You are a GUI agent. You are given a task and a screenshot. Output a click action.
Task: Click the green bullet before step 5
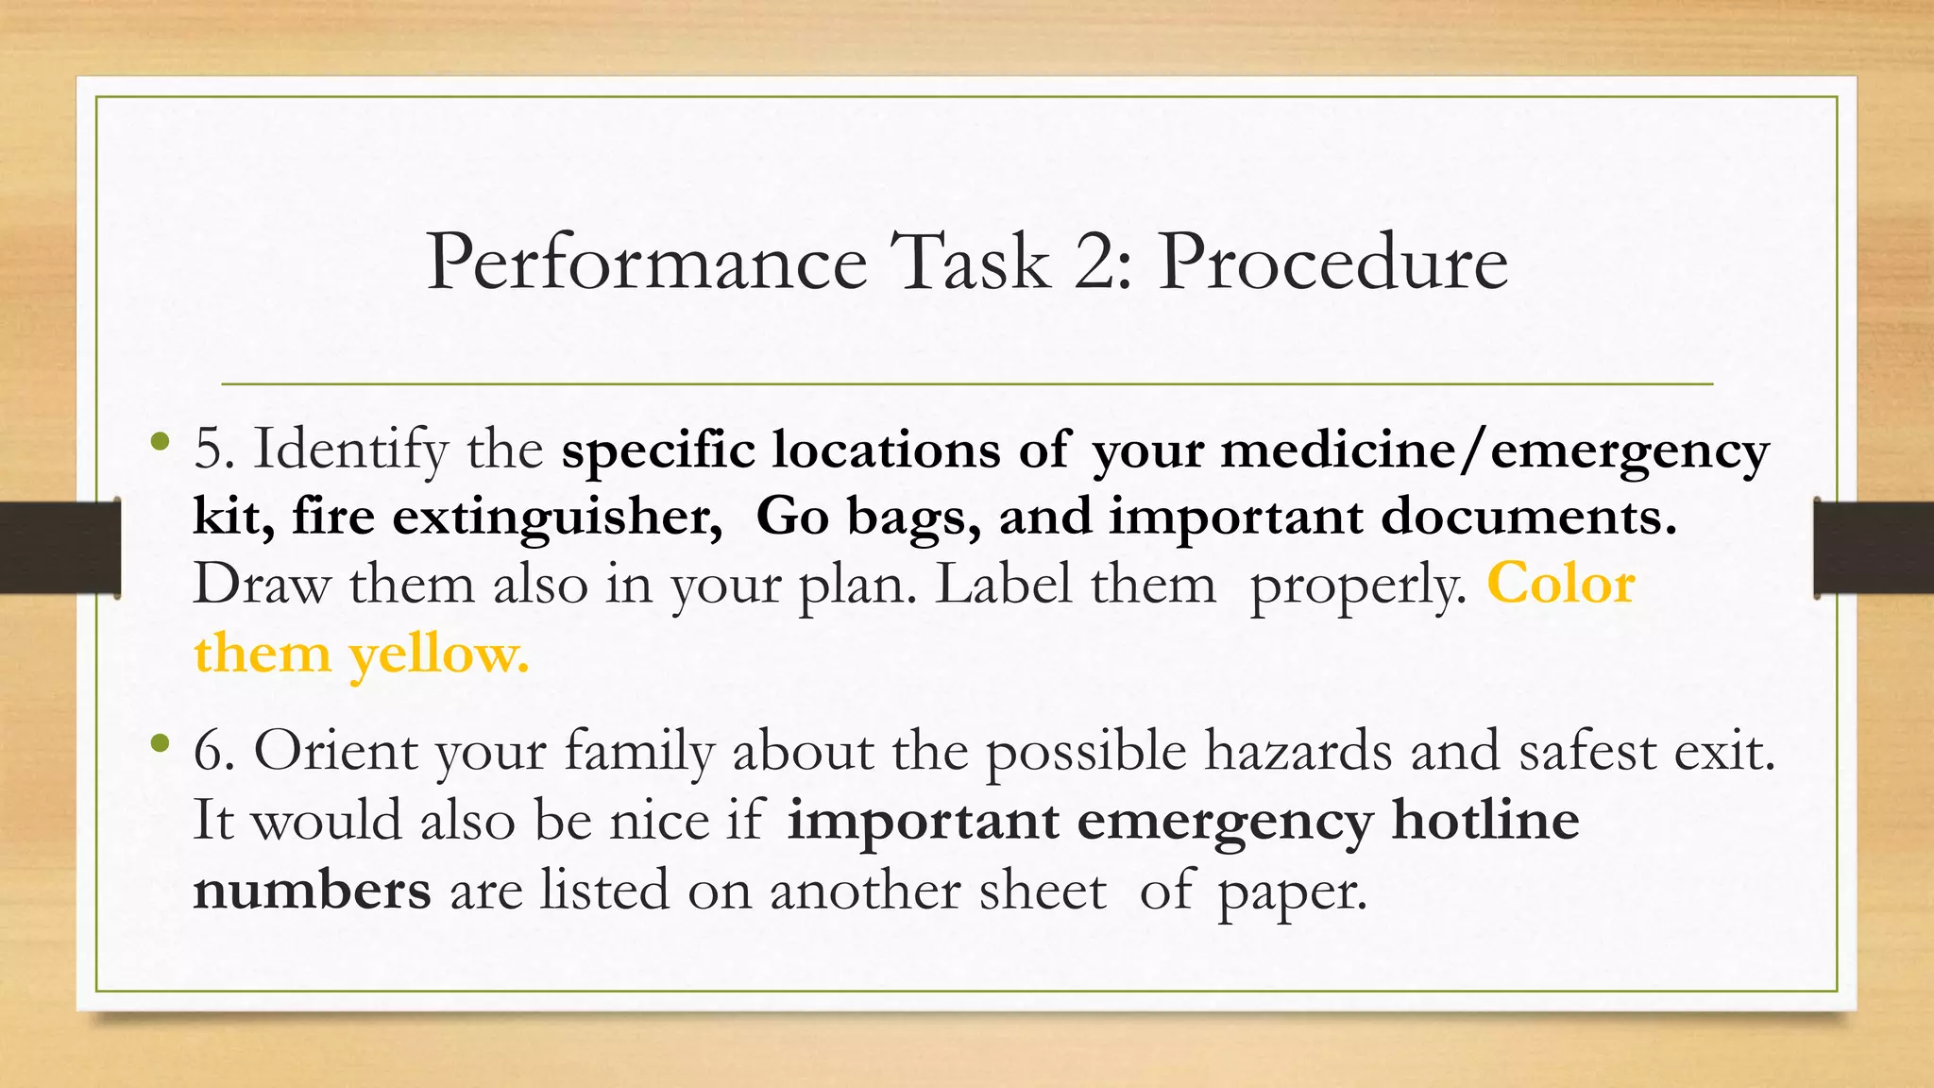161,441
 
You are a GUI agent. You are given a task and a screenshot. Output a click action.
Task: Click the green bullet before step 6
161,744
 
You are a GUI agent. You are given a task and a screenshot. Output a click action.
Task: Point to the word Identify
350,450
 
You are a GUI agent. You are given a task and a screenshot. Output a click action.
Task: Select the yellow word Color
1561,585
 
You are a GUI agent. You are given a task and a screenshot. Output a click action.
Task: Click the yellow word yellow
439,654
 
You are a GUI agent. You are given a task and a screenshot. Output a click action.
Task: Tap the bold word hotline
1485,820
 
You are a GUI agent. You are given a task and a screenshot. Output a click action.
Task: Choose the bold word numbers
312,890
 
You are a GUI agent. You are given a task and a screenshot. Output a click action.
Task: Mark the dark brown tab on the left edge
59,548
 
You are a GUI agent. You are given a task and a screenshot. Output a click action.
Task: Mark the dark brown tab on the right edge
1874,548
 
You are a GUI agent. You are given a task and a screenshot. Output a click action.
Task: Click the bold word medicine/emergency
1495,450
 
